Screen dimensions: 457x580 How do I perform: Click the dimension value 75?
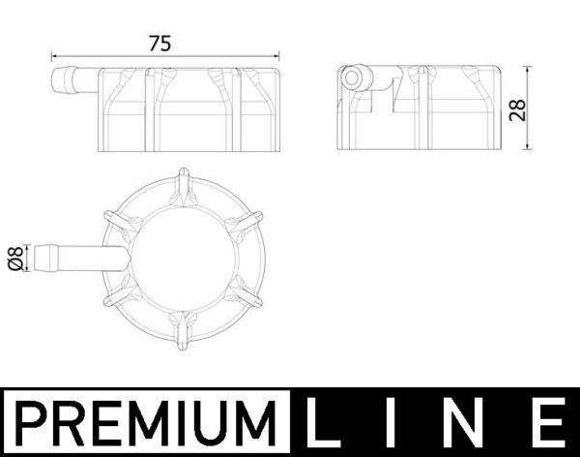[160, 43]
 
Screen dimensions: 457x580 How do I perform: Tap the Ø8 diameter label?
[14, 259]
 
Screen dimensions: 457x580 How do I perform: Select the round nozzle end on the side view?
[353, 78]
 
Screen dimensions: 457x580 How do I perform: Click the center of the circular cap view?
[183, 258]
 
